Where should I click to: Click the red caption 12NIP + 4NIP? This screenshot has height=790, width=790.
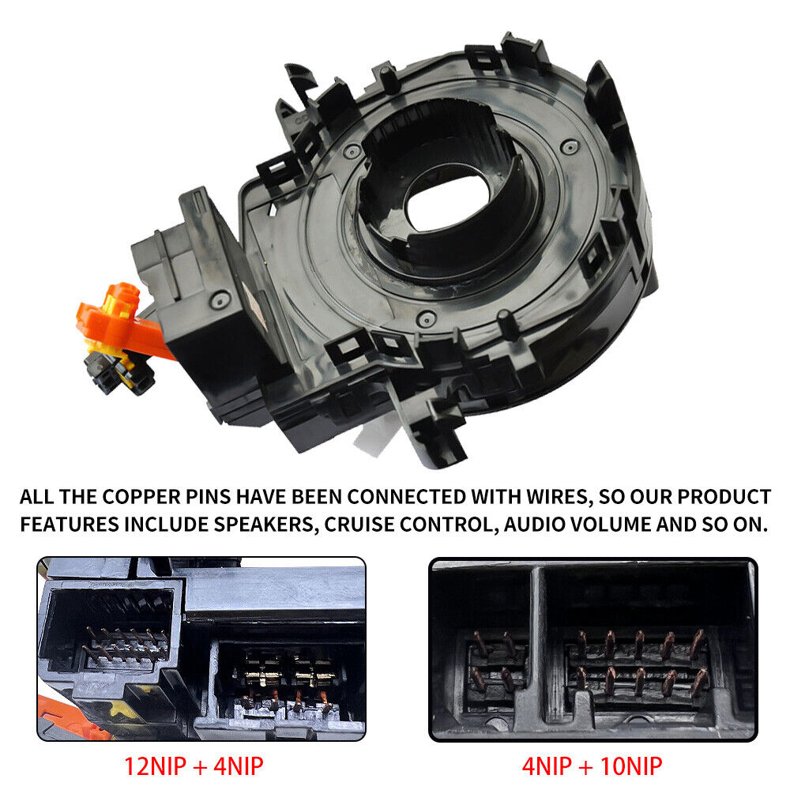194,767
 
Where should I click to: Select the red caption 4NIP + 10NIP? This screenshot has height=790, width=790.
592,767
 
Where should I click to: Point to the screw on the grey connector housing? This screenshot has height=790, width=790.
220,299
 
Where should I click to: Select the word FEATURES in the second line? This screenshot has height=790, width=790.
70,525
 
